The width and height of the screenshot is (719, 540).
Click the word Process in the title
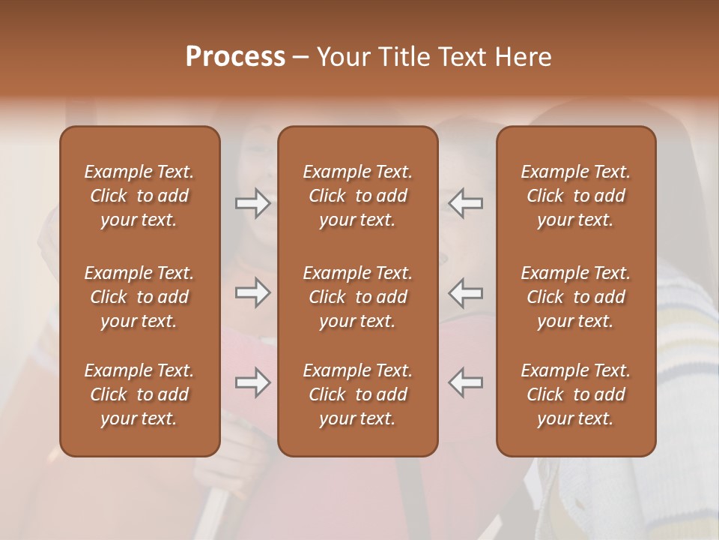[235, 57]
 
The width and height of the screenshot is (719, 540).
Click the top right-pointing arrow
[253, 202]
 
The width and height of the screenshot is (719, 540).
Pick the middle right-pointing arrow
[253, 292]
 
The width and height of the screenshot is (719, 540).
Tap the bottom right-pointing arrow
[253, 382]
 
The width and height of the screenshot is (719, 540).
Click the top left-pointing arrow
[465, 202]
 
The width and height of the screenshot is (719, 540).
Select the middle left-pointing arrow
[465, 292]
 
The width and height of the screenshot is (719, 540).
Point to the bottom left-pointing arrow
[465, 382]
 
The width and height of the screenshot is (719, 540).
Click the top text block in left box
[139, 196]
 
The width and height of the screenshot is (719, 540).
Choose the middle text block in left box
[139, 297]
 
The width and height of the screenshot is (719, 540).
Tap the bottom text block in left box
[139, 394]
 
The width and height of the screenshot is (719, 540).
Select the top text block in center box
[357, 196]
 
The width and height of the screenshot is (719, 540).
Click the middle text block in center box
[357, 297]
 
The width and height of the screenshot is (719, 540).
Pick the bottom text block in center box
[357, 394]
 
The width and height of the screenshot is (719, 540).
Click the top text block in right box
[575, 196]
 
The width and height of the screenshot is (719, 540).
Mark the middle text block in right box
[575, 297]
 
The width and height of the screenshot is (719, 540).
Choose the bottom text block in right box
[575, 394]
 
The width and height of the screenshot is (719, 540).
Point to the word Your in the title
[342, 57]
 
